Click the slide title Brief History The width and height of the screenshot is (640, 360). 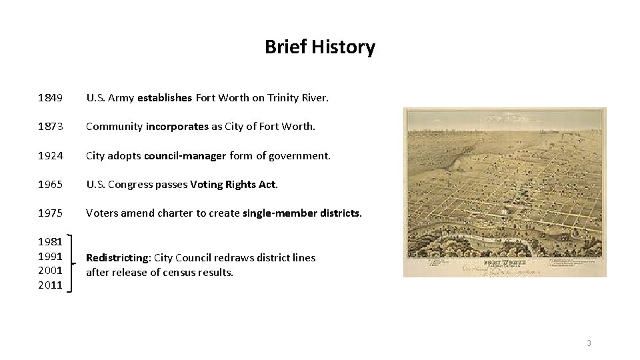pyautogui.click(x=319, y=47)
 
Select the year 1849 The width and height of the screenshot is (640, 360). pyautogui.click(x=50, y=98)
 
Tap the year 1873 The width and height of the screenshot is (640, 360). pyautogui.click(x=50, y=126)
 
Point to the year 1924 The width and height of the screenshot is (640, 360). pyautogui.click(x=50, y=156)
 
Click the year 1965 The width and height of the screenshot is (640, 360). pyautogui.click(x=50, y=185)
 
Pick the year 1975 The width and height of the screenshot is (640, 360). pyautogui.click(x=50, y=214)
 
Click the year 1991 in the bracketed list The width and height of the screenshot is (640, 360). pyautogui.click(x=50, y=257)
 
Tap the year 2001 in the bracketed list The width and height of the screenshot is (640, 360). pyautogui.click(x=50, y=271)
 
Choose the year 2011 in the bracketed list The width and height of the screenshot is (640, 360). pyautogui.click(x=50, y=285)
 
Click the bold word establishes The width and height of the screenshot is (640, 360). pyautogui.click(x=165, y=98)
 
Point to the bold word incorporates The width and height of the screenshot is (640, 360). pyautogui.click(x=177, y=126)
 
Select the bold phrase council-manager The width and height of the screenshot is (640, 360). pyautogui.click(x=185, y=156)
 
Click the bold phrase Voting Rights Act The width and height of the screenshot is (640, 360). pyautogui.click(x=233, y=185)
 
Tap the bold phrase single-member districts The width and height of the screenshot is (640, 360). pyautogui.click(x=301, y=214)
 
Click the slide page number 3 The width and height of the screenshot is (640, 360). pyautogui.click(x=589, y=343)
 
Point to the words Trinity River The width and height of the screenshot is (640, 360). pyautogui.click(x=297, y=98)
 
